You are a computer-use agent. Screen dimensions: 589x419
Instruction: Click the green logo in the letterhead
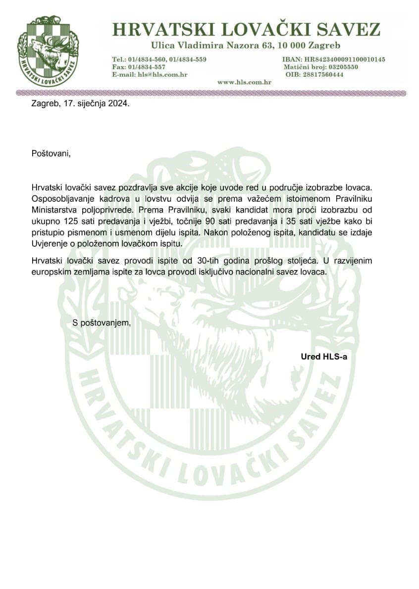click(48, 51)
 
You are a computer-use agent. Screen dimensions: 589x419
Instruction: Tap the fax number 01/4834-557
click(147, 67)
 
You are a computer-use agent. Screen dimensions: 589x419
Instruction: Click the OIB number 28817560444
click(325, 74)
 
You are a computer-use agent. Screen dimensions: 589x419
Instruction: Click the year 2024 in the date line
click(117, 104)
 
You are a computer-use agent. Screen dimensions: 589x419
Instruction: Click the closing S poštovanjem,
click(102, 323)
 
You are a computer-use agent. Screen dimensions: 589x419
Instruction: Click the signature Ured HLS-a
click(324, 356)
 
